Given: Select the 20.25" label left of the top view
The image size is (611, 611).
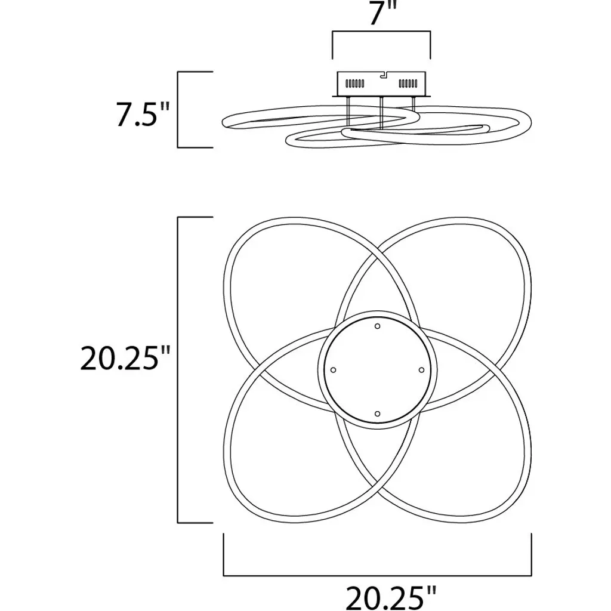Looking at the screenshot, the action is tap(125, 358).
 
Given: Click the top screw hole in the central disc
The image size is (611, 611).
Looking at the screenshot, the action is tap(377, 326).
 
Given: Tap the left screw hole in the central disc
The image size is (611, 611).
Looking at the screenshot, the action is tap(333, 370).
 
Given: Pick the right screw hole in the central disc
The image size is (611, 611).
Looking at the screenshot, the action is tap(421, 370).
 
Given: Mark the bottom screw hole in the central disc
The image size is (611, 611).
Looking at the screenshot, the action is tap(377, 414).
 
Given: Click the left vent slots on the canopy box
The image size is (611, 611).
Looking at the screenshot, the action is tap(355, 84).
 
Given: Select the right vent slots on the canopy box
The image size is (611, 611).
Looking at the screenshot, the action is tap(408, 84).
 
